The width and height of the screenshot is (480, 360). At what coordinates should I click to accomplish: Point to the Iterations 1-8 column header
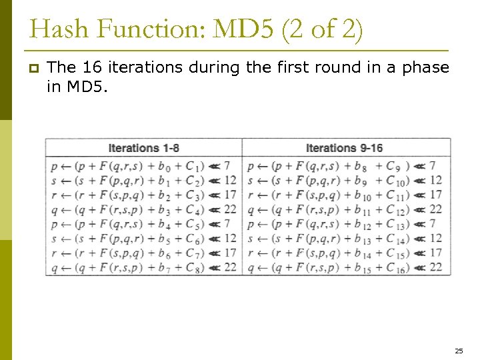144,148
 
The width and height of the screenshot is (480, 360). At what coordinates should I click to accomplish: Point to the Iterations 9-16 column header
344,148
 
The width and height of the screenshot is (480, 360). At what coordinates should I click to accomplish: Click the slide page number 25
458,350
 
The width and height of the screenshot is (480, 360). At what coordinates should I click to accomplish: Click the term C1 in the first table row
193,166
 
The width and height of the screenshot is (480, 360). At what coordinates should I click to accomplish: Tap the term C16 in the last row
396,268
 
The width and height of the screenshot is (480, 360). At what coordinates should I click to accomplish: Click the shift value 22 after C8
230,267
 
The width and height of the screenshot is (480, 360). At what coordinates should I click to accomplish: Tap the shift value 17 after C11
435,195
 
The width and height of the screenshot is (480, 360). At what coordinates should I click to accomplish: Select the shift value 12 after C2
230,180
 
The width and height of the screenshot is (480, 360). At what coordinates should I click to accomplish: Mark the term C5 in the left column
193,224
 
